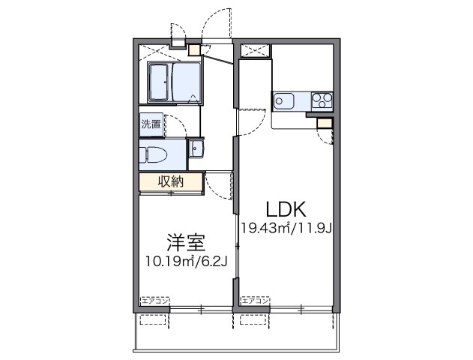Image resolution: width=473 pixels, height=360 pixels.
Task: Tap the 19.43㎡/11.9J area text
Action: pos(286,227)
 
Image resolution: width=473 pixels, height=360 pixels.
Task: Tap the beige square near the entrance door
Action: pos(194,50)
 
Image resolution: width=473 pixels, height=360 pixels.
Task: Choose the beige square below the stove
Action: pos(324,123)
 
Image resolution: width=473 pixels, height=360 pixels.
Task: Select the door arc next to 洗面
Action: pos(175,125)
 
